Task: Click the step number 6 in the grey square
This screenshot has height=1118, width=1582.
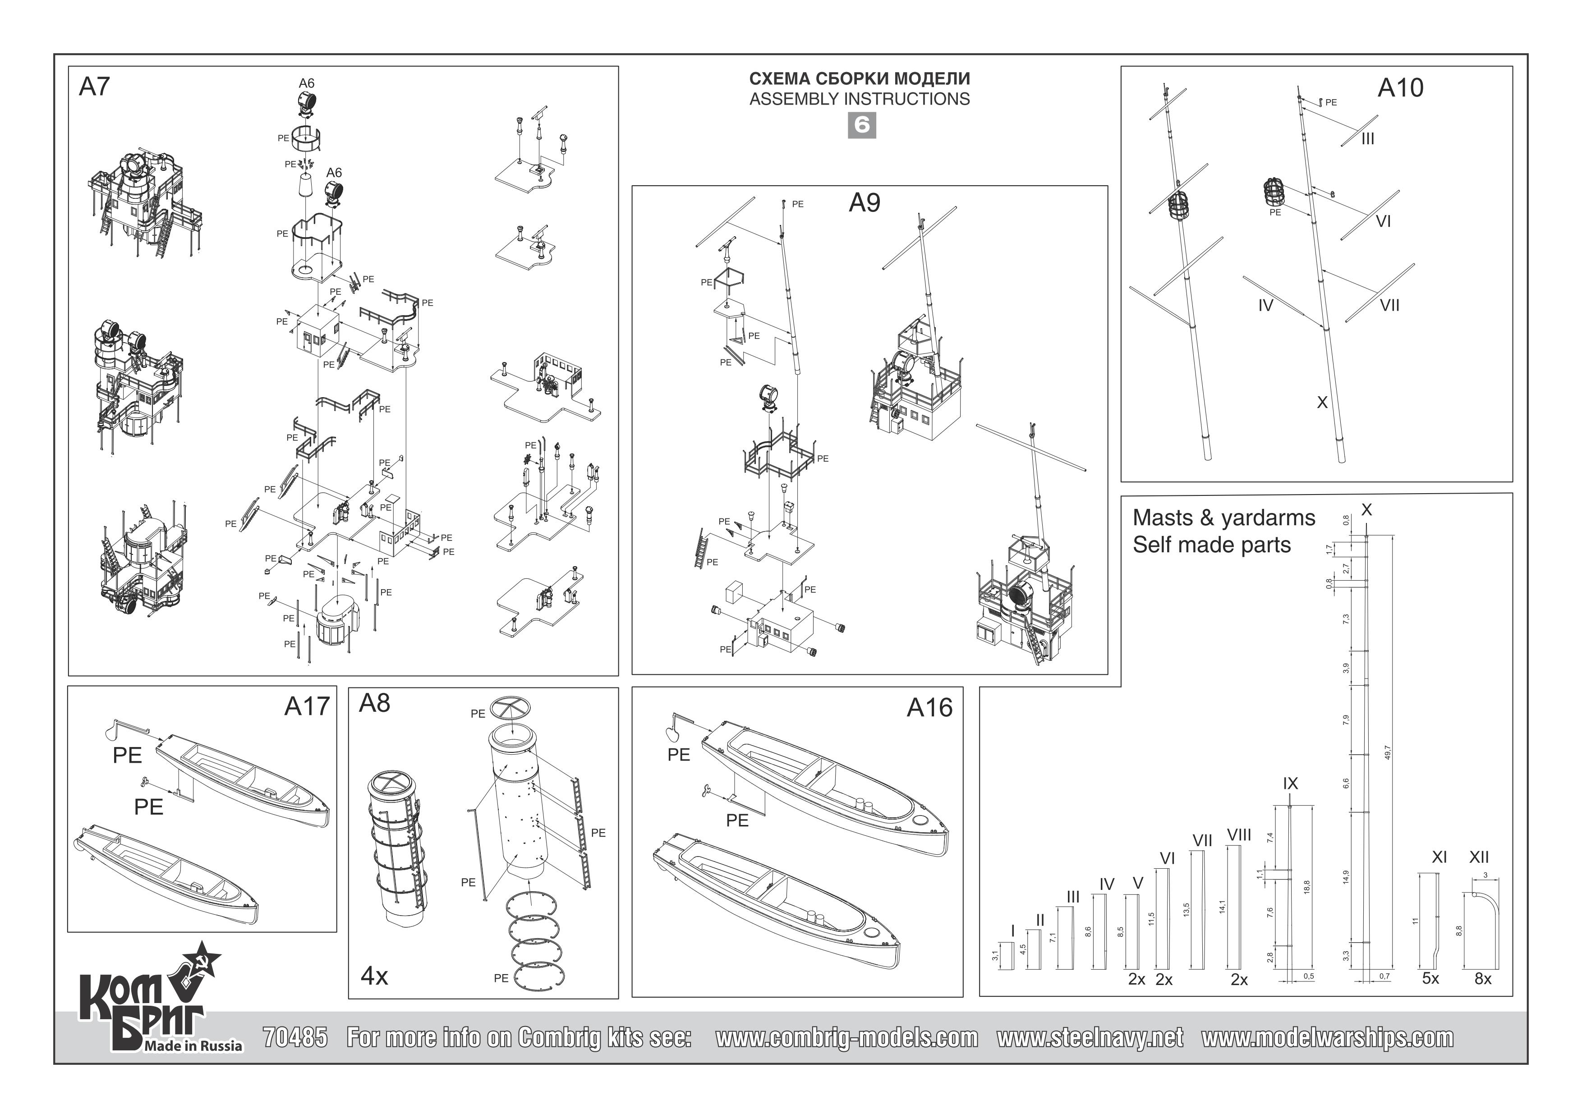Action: [861, 125]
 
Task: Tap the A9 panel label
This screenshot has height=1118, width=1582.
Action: [864, 202]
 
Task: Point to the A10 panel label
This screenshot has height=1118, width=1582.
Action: [1400, 88]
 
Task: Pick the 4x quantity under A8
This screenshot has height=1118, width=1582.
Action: [374, 976]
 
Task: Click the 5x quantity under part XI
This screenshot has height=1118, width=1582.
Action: [1430, 979]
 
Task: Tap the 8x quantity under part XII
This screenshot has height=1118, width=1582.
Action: [1483, 979]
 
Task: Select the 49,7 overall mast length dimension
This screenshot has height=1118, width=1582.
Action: [1387, 753]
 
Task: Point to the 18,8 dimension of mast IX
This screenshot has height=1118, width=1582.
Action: [1306, 887]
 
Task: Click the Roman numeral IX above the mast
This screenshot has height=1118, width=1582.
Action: [1290, 783]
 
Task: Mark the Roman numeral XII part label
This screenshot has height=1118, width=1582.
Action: [1479, 857]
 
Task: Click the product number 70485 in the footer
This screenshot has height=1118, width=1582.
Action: [295, 1037]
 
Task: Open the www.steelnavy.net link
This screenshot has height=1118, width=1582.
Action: [1090, 1037]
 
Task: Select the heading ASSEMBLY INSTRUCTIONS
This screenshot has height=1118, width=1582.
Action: [859, 99]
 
